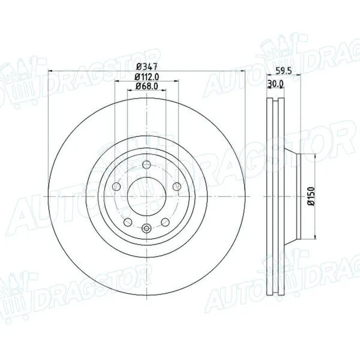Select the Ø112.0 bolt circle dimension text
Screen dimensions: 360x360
point(147,76)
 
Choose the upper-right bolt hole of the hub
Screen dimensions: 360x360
point(176,186)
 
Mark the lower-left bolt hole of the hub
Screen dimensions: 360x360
point(128,223)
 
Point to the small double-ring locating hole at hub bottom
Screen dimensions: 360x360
point(147,227)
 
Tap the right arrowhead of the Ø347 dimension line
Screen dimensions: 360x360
point(245,71)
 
